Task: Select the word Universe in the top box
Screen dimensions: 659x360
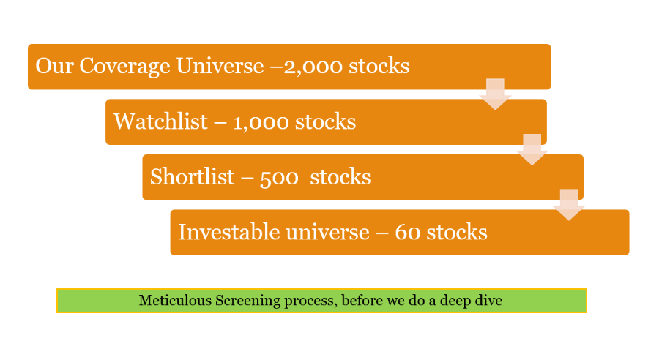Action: pos(220,66)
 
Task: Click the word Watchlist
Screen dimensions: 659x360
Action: pos(160,121)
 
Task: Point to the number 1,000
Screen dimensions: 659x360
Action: pos(261,123)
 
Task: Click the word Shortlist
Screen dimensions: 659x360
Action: pos(192,176)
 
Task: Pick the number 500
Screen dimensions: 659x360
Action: pos(279,178)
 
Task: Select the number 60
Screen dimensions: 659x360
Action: pos(408,233)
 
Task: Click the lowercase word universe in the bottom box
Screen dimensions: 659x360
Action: pos(327,232)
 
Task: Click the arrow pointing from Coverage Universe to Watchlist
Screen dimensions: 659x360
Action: pos(495,94)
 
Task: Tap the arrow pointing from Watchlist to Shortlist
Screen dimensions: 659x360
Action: pos(532,149)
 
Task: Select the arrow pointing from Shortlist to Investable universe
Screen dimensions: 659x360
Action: pos(569,205)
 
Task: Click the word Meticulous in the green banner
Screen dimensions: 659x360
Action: pos(175,300)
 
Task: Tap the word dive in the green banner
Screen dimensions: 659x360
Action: pos(489,300)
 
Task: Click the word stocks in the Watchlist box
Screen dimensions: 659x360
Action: pos(325,121)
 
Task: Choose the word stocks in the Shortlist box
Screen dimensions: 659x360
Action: pos(340,177)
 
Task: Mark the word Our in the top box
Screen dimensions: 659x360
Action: pos(55,66)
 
